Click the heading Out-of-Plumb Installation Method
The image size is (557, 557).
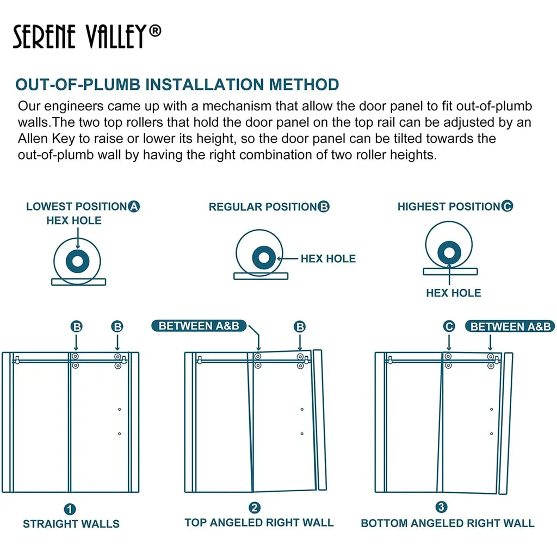click(177, 85)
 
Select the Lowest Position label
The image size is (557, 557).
click(76, 207)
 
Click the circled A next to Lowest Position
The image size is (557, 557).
click(134, 207)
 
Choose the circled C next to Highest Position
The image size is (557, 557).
click(507, 207)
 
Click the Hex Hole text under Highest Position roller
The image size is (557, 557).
click(453, 293)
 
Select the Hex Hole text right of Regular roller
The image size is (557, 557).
click(328, 259)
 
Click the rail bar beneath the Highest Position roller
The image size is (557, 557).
click(450, 271)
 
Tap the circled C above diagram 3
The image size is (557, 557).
click(449, 326)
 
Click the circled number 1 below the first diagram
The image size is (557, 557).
click(70, 510)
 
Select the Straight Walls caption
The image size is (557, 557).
click(71, 524)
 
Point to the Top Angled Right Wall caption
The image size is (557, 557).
click(259, 523)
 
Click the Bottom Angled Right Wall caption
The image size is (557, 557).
click(447, 523)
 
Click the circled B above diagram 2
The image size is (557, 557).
click(300, 327)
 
